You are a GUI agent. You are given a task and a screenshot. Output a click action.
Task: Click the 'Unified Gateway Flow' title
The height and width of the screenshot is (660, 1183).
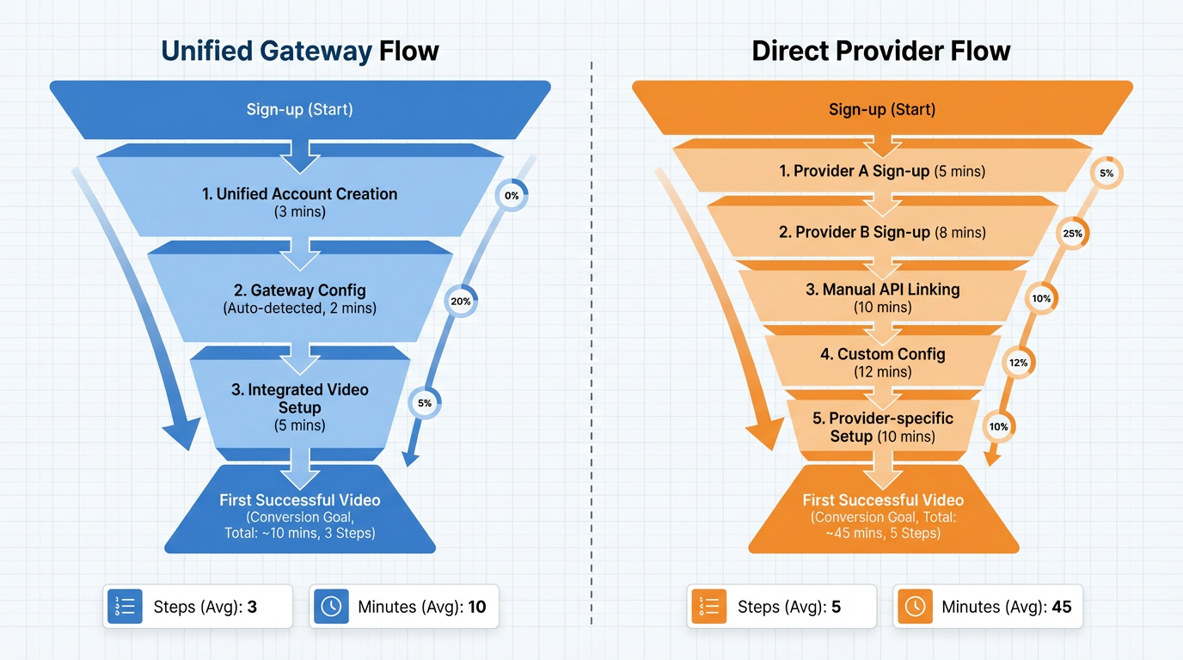[x=300, y=51]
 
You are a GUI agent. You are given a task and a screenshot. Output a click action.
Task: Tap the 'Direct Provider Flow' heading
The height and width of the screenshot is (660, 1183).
[x=881, y=51]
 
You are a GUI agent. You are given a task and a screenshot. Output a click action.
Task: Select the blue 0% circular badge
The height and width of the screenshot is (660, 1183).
[x=512, y=195]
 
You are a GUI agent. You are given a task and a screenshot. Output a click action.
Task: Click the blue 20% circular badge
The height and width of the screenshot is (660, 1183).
[x=461, y=302]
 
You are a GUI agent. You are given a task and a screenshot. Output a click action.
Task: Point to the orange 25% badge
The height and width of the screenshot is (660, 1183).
[x=1072, y=233]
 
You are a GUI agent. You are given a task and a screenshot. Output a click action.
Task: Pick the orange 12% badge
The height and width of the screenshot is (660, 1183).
[x=1019, y=363]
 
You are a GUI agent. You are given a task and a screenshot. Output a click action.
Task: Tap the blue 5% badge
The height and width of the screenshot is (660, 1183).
[x=425, y=402]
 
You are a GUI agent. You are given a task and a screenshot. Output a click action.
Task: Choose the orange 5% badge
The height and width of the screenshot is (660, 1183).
[x=1106, y=173]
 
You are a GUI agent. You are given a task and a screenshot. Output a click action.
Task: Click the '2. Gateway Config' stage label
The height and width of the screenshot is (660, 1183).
[x=299, y=291]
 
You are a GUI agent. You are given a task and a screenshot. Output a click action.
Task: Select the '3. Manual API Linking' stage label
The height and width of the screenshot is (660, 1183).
[x=882, y=290]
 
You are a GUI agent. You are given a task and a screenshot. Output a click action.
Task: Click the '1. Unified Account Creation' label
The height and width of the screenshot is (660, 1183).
[x=299, y=194]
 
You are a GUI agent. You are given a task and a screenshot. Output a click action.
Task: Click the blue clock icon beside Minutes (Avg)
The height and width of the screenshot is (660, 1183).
[x=331, y=607]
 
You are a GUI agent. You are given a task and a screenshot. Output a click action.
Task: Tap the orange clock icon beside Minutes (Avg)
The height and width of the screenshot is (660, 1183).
[x=915, y=607]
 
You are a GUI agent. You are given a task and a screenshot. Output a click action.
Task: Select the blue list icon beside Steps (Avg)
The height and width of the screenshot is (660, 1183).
[x=125, y=607]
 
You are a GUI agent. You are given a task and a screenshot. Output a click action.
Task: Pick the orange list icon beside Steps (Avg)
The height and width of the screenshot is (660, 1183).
[x=709, y=607]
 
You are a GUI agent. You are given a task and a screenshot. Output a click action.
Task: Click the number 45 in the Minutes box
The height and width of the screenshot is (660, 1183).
[x=1061, y=607]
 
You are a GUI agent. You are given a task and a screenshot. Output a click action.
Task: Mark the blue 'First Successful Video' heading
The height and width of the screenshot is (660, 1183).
[x=299, y=500]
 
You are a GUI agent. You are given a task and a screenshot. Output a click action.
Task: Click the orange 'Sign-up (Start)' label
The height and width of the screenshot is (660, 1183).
[x=882, y=109]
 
